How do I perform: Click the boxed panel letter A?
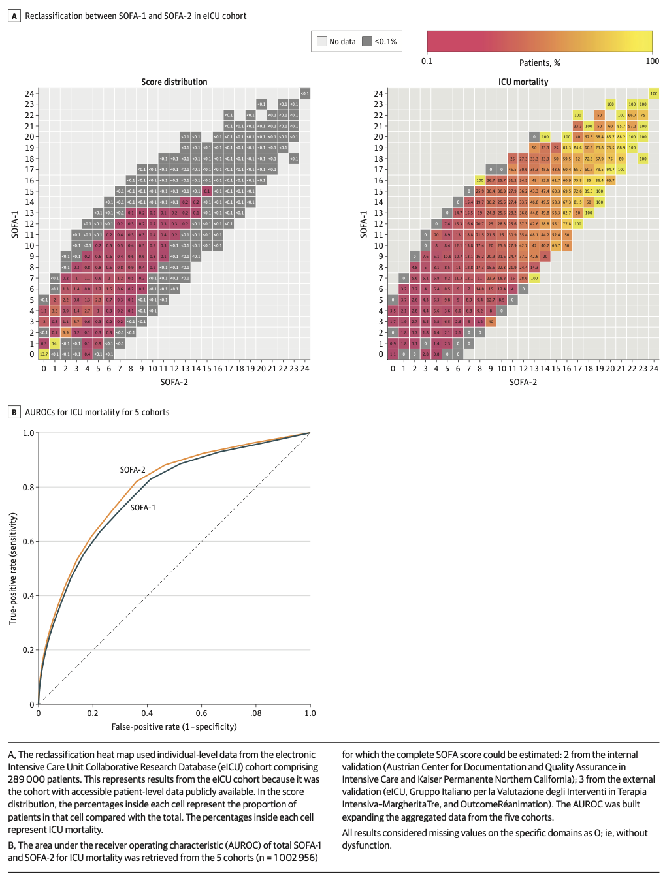(x=14, y=16)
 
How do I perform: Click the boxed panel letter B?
(x=14, y=412)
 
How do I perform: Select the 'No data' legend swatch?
(x=321, y=41)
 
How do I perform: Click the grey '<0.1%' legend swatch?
(x=367, y=41)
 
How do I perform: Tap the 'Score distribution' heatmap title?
(x=174, y=82)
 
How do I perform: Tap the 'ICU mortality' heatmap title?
(x=523, y=82)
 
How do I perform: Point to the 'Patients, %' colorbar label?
(x=540, y=63)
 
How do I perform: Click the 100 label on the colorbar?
(x=652, y=61)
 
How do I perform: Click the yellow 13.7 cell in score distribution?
(x=44, y=354)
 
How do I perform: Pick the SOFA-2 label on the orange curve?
(x=133, y=470)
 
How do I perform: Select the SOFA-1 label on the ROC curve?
(x=143, y=507)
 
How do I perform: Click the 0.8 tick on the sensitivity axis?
(x=29, y=488)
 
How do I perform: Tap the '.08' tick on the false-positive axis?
(x=255, y=713)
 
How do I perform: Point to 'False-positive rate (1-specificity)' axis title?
(x=174, y=727)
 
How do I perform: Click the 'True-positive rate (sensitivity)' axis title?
(x=12, y=569)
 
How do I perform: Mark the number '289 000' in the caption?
(x=25, y=779)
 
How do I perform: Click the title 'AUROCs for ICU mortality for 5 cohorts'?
(x=97, y=412)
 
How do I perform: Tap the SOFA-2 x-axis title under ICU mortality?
(x=523, y=382)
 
